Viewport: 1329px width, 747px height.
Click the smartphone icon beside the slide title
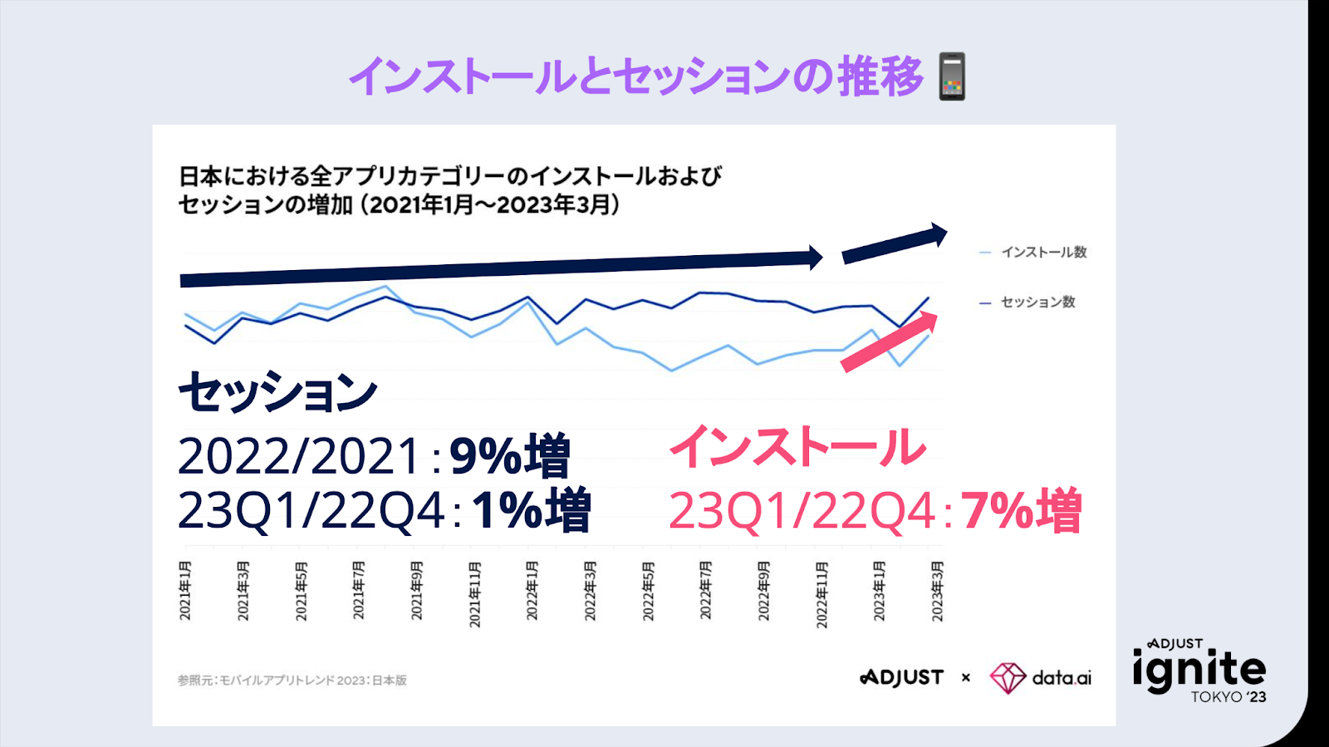[x=952, y=76]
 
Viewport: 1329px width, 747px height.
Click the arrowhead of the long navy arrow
[x=816, y=258]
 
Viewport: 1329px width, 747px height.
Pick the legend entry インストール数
[x=1043, y=252]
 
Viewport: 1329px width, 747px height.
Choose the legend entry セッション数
[x=1037, y=302]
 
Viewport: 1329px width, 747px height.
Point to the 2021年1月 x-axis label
[x=185, y=590]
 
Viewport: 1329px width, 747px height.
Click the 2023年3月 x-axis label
[x=937, y=591]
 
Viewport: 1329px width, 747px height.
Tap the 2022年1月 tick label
[x=532, y=591]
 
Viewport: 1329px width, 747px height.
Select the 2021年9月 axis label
[x=416, y=591]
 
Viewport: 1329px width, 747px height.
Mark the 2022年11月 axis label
[x=821, y=594]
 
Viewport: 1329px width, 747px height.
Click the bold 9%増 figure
[x=510, y=456]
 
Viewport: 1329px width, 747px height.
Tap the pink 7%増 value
[x=1022, y=510]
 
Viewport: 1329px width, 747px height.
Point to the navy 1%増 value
[x=532, y=510]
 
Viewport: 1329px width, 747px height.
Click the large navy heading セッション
[x=278, y=392]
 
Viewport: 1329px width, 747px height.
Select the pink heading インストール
[x=797, y=446]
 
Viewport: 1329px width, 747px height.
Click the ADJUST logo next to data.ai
[x=902, y=678]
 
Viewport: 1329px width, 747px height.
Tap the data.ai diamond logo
[x=1008, y=678]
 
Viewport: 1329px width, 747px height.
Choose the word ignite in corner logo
[x=1199, y=670]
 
